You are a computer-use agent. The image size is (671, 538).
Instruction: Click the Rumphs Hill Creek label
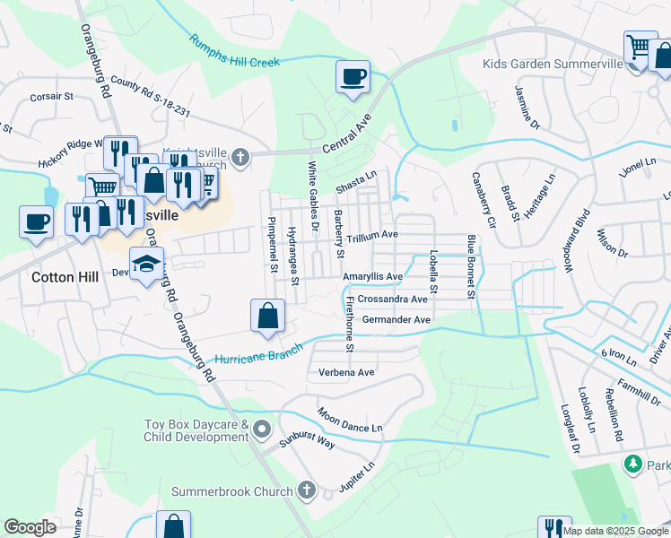tap(235, 51)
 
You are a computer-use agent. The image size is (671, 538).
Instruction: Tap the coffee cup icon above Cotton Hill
tap(37, 221)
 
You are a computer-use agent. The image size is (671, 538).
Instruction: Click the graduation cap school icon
tap(145, 265)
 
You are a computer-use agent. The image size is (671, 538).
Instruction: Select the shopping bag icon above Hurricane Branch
tap(268, 316)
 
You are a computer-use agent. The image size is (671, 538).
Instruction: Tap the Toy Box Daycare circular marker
tap(261, 429)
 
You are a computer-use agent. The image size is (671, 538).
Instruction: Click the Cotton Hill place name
tap(65, 278)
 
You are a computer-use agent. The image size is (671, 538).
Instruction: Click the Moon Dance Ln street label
tap(349, 421)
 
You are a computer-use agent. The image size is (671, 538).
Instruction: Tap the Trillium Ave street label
tap(372, 235)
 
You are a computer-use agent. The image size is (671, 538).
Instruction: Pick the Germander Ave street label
tap(395, 320)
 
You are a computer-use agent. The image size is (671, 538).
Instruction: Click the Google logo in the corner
tap(30, 527)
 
